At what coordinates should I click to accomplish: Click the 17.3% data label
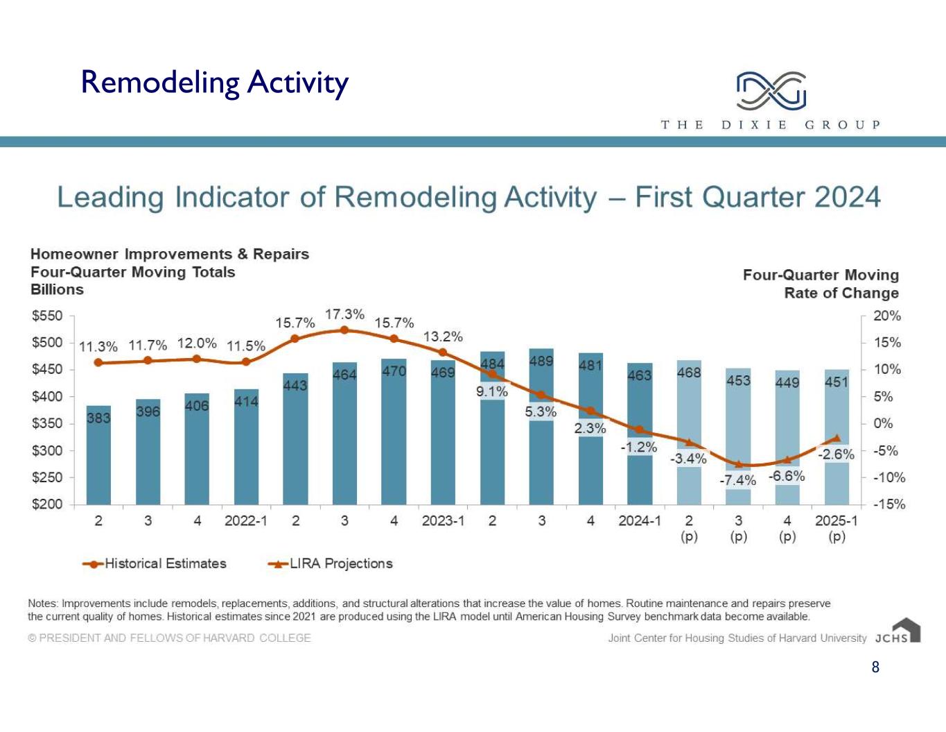(344, 314)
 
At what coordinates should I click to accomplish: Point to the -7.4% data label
(737, 481)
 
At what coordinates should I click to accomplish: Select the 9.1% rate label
(492, 391)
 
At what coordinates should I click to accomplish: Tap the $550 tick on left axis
(47, 316)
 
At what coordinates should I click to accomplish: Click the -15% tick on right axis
(888, 504)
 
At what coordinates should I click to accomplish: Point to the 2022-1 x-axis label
(245, 520)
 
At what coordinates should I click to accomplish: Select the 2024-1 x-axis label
(640, 520)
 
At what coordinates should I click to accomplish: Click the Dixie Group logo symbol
(771, 91)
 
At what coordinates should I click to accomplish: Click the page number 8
(875, 667)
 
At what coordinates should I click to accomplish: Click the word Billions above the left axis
(57, 289)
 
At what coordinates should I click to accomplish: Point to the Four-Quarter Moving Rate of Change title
(821, 284)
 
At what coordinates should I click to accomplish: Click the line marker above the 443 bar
(295, 339)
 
